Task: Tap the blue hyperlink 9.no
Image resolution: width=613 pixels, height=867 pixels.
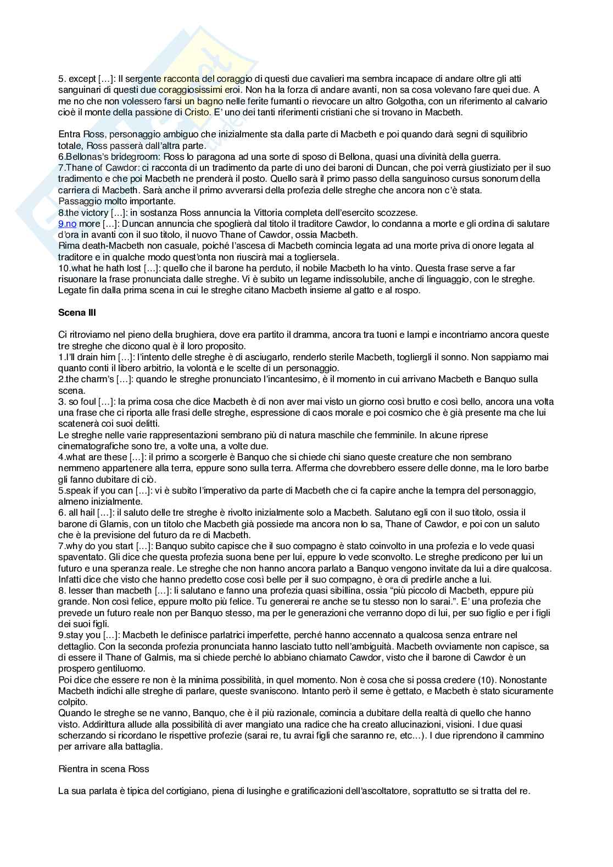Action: (67, 224)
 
